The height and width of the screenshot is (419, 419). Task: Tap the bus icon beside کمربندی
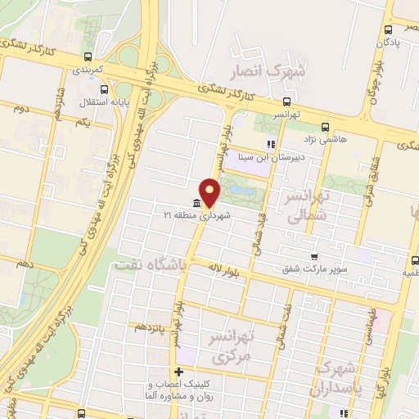click(88, 57)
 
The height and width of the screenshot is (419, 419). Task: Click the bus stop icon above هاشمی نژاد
click(326, 126)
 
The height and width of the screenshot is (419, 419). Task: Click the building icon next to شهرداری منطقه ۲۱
click(196, 204)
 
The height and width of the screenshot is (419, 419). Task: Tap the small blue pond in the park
click(241, 191)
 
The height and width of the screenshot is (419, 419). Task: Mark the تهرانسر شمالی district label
click(306, 205)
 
